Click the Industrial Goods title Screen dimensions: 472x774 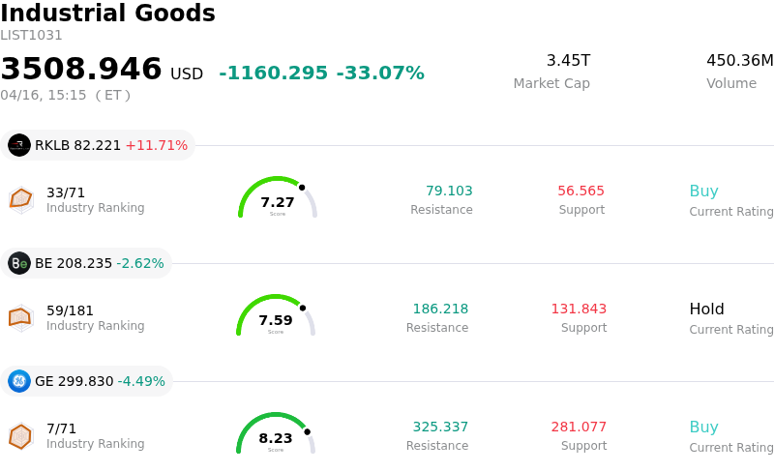107,14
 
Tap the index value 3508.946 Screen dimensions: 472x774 81,70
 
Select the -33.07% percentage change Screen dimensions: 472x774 380,74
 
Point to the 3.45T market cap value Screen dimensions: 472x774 568,61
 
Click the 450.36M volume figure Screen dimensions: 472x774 739,61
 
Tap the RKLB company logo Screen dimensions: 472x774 19,145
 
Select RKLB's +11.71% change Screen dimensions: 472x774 156,145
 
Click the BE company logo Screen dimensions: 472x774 19,263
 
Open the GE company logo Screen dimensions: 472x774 19,381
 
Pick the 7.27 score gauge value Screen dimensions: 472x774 278,202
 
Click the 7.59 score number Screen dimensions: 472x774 276,320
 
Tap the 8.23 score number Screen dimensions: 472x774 276,438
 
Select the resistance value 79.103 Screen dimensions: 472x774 449,192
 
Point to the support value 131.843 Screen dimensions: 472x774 579,310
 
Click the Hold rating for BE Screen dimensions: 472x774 706,310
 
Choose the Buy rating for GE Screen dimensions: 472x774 703,428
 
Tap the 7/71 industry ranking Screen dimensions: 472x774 61,428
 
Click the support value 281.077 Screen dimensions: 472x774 579,428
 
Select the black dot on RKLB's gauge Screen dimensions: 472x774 302,188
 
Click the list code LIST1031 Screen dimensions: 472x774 31,36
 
